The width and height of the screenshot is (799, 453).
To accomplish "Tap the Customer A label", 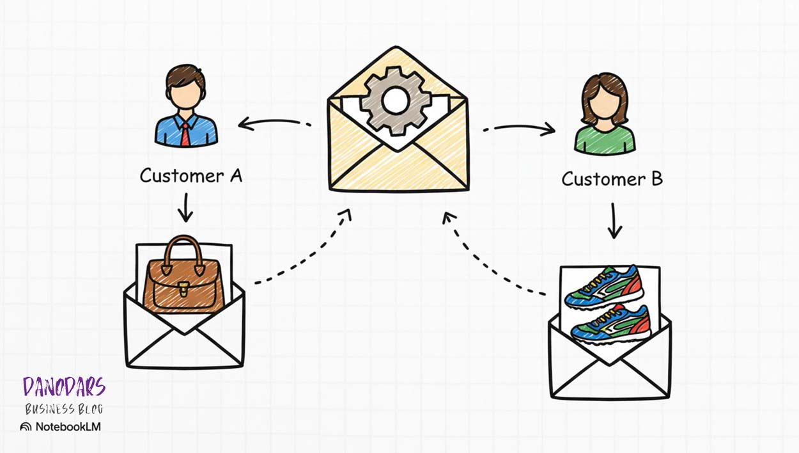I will pyautogui.click(x=191, y=175).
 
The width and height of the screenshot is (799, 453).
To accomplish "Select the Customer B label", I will pyautogui.click(x=612, y=179).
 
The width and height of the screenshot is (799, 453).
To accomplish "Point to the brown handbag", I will pyautogui.click(x=184, y=282).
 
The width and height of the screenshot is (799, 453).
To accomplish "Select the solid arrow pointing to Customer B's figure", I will pyautogui.click(x=520, y=129).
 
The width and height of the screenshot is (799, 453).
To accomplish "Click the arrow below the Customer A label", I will pyautogui.click(x=185, y=208).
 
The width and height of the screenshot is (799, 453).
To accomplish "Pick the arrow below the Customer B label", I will pyautogui.click(x=614, y=221).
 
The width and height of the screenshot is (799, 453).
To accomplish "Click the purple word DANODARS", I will pyautogui.click(x=64, y=387).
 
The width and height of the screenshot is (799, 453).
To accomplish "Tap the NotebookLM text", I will pyautogui.click(x=67, y=427).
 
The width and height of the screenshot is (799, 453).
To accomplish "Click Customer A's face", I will pyautogui.click(x=185, y=96).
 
